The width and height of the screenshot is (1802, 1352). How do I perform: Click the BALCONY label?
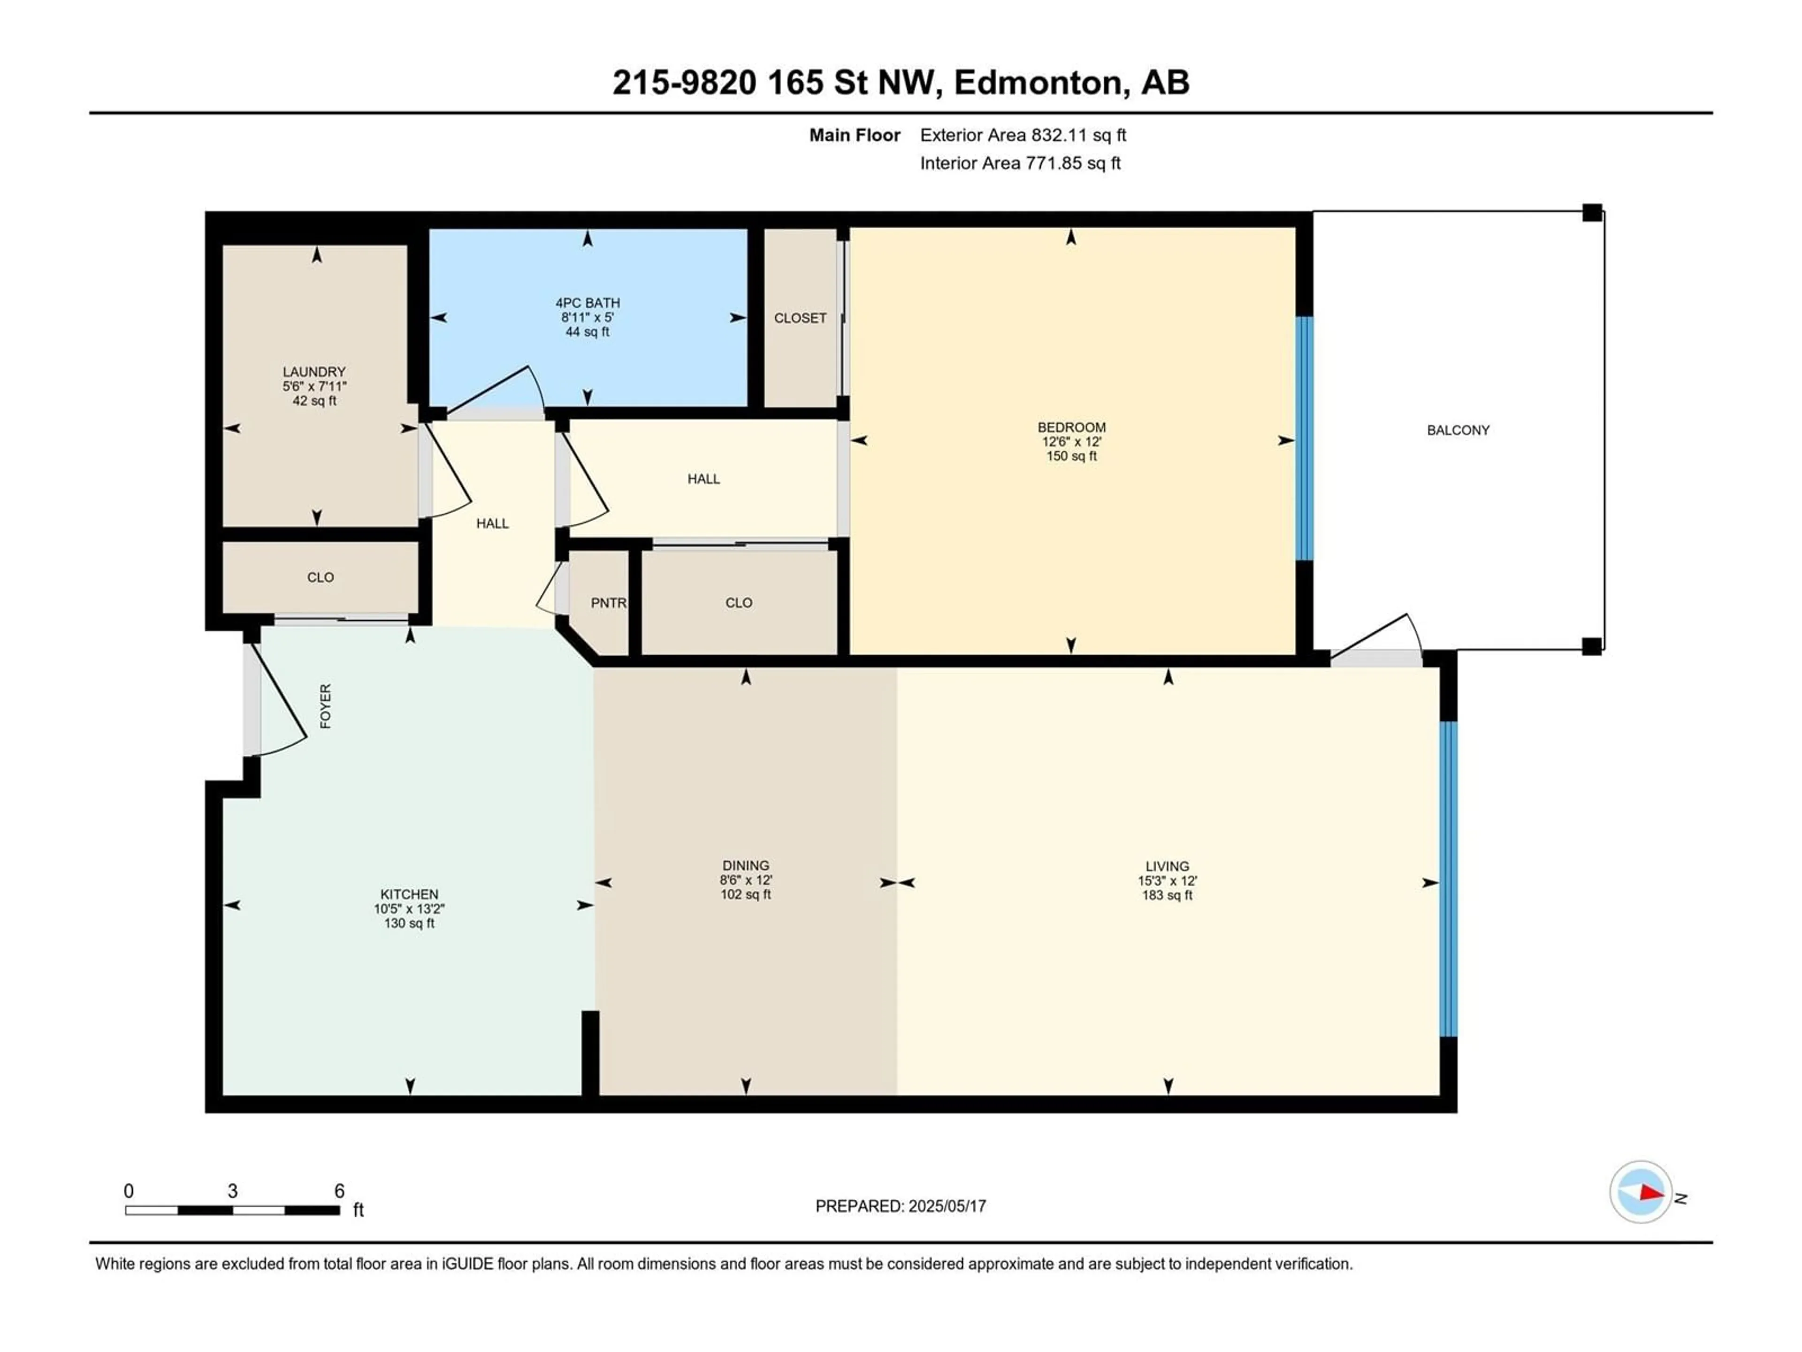click(x=1458, y=430)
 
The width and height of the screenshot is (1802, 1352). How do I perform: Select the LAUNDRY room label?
click(x=314, y=372)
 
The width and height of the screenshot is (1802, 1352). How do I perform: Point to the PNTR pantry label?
click(x=609, y=603)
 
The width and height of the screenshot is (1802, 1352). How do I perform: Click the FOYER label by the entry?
click(x=326, y=706)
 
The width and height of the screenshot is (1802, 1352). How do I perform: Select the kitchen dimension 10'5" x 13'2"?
click(x=409, y=909)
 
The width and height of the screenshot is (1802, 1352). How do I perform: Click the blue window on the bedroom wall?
click(x=1304, y=438)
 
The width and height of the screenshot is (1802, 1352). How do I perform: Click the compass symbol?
click(x=1641, y=1191)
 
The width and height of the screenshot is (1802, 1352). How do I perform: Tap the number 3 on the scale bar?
click(x=232, y=1191)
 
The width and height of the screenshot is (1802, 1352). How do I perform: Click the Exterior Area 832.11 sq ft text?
click(x=1023, y=135)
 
